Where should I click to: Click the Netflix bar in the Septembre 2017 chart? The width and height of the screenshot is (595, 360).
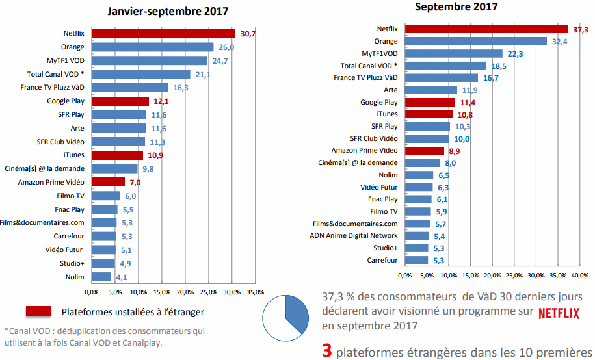tap(486, 29)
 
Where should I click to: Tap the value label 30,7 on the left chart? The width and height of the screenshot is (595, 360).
tap(247, 34)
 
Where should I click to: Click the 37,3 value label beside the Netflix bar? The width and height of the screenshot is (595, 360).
tap(580, 29)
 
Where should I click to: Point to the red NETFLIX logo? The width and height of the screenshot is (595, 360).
tap(559, 313)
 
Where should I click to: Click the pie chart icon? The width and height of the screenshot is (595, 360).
tap(285, 317)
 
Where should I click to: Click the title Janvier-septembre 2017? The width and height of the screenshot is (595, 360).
tap(168, 11)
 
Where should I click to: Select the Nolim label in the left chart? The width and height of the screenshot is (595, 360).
tap(75, 277)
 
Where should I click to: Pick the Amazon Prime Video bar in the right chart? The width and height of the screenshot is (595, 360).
tap(425, 151)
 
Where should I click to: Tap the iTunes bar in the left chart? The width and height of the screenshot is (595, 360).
tap(118, 155)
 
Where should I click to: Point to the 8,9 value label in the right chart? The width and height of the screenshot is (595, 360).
tap(455, 151)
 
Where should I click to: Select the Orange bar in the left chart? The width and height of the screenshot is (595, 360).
tap(153, 47)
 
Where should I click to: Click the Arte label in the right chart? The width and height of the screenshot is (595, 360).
tap(391, 90)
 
